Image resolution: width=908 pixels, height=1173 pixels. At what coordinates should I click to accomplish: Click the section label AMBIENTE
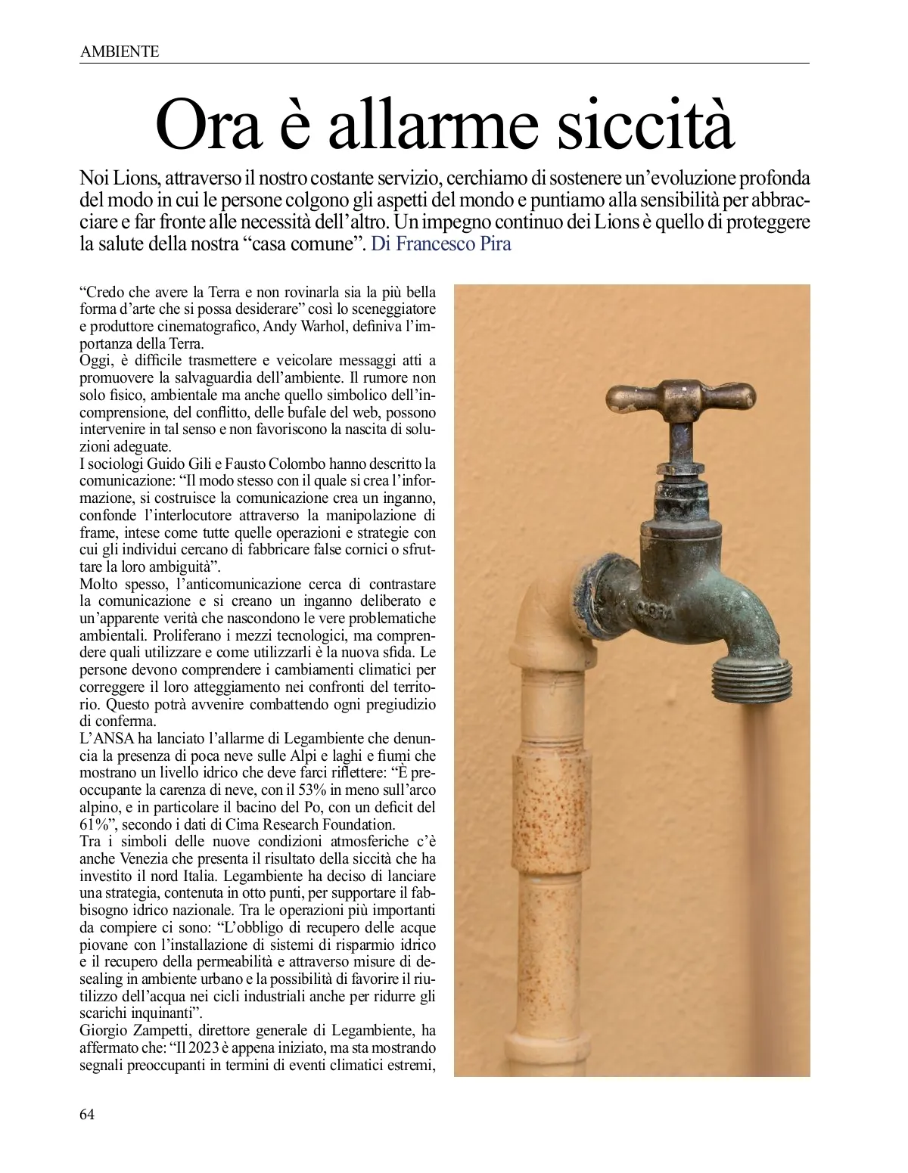119,51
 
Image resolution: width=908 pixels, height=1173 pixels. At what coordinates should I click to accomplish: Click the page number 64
87,1114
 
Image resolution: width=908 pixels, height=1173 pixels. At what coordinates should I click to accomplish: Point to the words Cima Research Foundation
322,824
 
